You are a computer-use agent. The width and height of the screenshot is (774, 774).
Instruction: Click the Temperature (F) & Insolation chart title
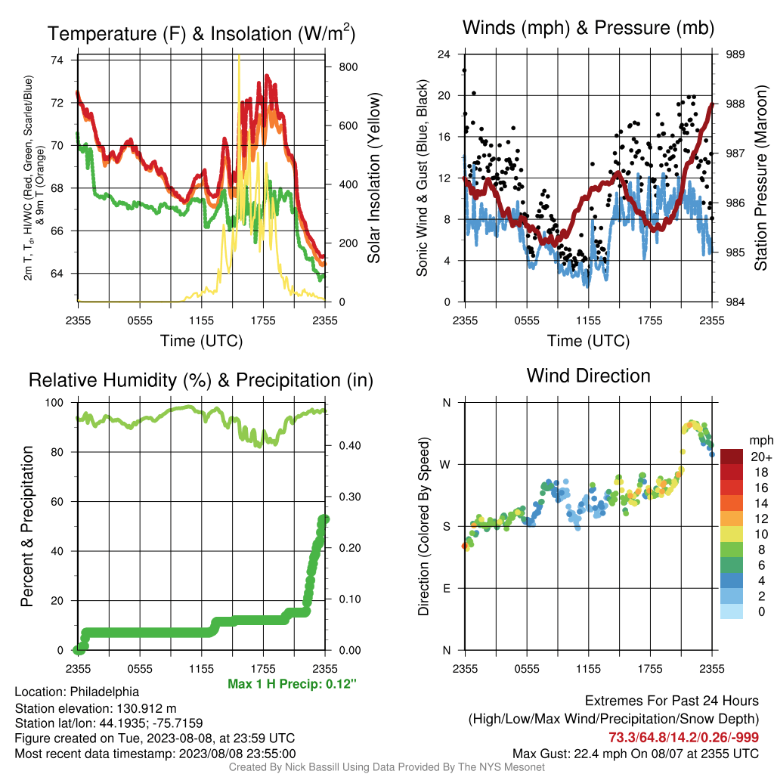click(x=201, y=33)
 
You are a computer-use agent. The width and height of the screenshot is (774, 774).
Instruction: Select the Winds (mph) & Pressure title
click(x=588, y=28)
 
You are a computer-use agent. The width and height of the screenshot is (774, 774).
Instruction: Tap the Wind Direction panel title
click(x=588, y=376)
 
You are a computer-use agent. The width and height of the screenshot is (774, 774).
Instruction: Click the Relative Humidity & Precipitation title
click(x=201, y=380)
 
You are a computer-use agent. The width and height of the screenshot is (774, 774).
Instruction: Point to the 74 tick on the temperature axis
click(x=57, y=60)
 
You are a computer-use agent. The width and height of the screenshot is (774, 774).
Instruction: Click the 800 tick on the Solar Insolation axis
click(x=348, y=67)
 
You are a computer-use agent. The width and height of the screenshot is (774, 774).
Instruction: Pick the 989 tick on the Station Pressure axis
click(x=735, y=54)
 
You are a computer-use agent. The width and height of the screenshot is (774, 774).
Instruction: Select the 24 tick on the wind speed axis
click(x=444, y=54)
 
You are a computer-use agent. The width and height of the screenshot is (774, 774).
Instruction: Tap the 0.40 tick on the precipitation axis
click(x=350, y=446)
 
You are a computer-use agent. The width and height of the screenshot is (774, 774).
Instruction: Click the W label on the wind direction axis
click(x=445, y=465)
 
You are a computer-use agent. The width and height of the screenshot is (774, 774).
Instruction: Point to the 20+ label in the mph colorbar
click(x=761, y=457)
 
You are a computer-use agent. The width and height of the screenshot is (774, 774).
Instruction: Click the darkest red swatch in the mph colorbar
click(x=732, y=457)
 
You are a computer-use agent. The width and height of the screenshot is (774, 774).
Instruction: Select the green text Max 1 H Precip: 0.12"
click(x=292, y=684)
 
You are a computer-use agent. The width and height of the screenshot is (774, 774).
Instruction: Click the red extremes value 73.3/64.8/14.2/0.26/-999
click(x=683, y=738)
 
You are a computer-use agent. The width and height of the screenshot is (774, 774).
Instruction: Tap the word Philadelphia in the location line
click(x=104, y=692)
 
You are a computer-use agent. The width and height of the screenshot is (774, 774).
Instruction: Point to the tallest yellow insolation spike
click(x=239, y=57)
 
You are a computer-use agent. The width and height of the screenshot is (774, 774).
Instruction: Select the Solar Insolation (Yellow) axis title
click(x=374, y=178)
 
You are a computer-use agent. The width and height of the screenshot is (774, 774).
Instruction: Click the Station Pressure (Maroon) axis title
click(x=760, y=178)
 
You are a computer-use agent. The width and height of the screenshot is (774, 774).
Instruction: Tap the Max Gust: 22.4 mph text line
click(x=635, y=754)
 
